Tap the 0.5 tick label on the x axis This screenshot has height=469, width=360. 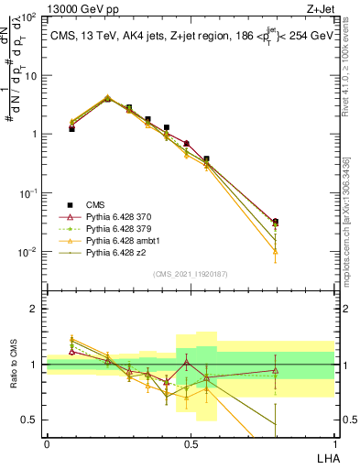190,442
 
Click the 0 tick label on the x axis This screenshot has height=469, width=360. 47,442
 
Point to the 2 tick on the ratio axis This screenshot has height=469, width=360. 34,309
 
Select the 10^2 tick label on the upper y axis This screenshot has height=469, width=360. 28,17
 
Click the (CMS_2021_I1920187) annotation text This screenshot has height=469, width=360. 191,274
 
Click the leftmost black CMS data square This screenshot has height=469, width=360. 71,129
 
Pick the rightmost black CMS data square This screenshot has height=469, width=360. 276,222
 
